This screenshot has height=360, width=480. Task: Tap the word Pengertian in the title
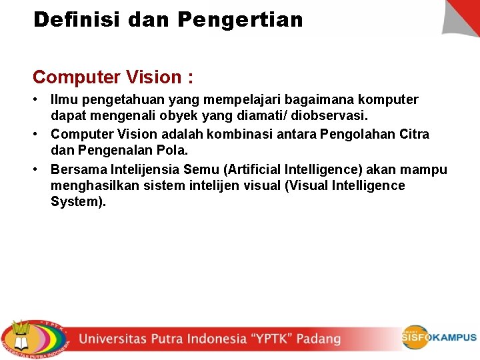click(x=241, y=19)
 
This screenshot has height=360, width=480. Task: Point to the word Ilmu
click(x=63, y=100)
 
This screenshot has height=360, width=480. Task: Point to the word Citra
click(x=415, y=134)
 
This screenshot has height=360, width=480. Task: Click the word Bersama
click(x=76, y=169)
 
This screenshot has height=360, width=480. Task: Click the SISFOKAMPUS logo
click(x=439, y=337)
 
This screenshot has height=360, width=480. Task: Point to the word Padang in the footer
click(x=319, y=339)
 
